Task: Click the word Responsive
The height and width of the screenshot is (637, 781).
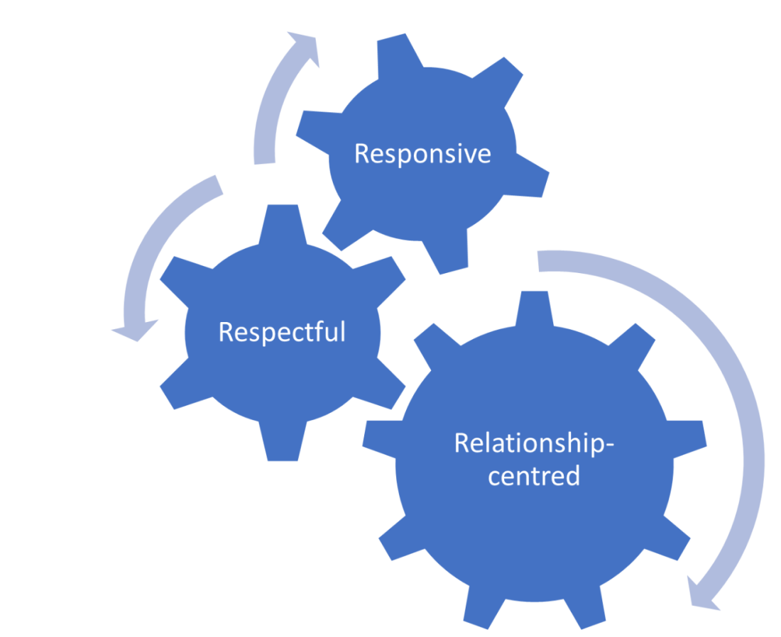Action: point(422,154)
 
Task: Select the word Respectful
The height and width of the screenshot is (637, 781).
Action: point(282,332)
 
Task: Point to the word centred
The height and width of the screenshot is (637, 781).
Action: point(535,475)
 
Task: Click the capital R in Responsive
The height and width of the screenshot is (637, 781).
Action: point(361,154)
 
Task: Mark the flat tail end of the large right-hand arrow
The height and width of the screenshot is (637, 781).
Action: point(540,260)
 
